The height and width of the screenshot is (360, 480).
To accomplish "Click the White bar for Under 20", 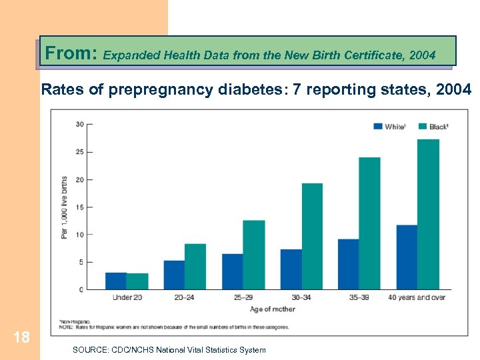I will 116,281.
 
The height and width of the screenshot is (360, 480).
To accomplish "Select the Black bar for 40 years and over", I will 428,214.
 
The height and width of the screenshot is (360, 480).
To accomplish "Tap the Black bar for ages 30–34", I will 311,236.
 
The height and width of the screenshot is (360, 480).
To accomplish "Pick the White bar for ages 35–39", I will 348,264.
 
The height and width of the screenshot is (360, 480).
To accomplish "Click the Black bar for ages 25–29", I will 253,255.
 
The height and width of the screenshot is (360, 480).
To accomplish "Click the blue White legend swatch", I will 377,126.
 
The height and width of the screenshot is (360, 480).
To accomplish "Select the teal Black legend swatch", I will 422,126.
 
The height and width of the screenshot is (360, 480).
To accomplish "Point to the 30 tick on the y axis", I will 79,124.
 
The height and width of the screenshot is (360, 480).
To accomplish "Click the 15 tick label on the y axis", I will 79,207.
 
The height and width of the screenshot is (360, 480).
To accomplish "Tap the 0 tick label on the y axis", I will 81,289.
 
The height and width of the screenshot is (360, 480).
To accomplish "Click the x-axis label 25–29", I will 243,297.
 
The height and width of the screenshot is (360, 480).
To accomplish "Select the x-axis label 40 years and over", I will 417,297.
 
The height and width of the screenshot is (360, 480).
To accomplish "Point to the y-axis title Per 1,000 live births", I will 65,207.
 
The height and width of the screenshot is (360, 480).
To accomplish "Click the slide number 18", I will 21,337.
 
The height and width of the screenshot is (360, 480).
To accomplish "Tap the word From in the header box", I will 71,53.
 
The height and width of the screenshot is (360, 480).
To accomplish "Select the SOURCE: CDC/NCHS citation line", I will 169,350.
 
